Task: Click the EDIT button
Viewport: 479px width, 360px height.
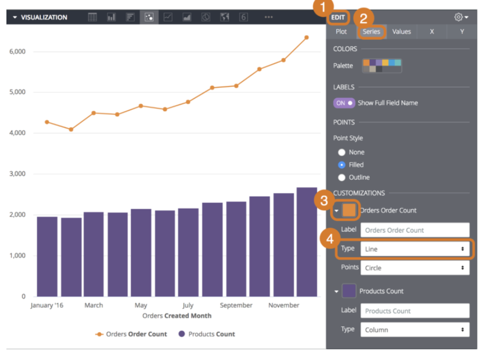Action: [338, 17]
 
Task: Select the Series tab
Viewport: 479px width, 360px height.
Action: [371, 32]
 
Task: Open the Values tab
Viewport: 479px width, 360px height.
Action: [401, 32]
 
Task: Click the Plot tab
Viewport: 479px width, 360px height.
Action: [341, 32]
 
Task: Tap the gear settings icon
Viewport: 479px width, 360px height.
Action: [459, 17]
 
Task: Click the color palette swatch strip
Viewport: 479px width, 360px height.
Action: [382, 66]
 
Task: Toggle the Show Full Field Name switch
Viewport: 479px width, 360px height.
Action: [344, 103]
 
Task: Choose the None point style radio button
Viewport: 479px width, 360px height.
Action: [341, 152]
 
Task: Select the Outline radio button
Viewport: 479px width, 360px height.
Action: [341, 178]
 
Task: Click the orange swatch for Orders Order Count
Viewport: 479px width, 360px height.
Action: [348, 210]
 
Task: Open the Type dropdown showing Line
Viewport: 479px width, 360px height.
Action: [414, 249]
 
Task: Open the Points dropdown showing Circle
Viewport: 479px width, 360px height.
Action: [414, 268]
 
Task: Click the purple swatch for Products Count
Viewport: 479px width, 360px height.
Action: [348, 291]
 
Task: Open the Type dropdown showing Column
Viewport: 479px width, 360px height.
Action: [414, 330]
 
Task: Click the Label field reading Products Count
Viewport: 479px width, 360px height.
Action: [414, 311]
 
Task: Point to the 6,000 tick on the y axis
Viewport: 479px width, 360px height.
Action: [18, 52]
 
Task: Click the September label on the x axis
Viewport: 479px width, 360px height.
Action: [235, 305]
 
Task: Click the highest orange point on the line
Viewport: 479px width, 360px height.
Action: [306, 37]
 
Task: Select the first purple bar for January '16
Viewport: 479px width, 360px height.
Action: [47, 256]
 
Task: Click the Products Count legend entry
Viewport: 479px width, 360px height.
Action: [207, 334]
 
